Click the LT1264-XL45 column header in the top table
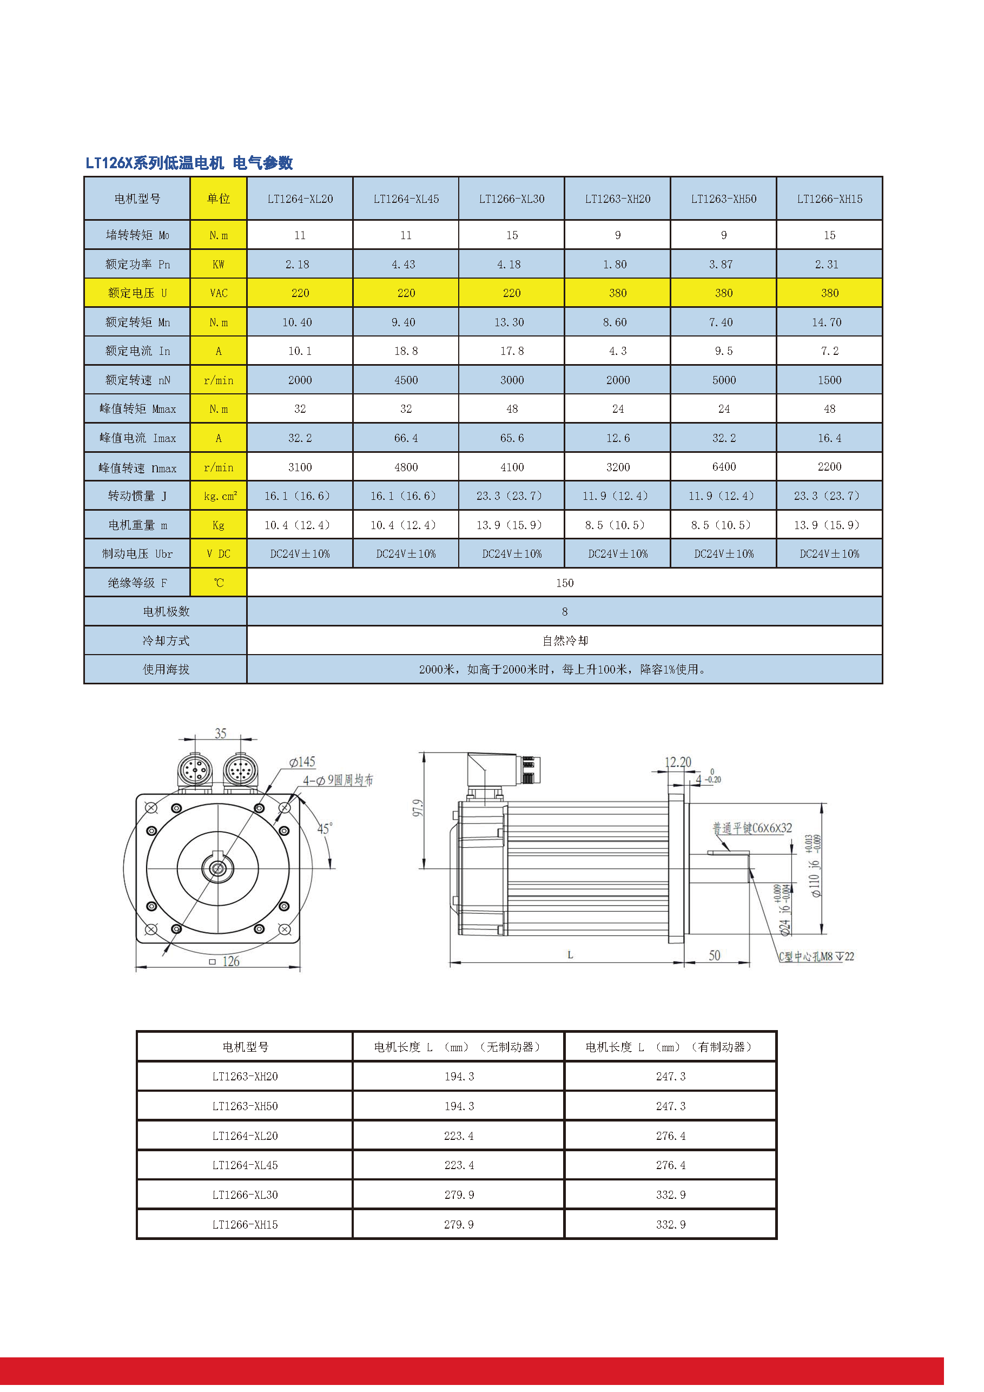click(x=406, y=199)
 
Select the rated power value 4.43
click(x=403, y=265)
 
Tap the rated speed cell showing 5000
click(x=723, y=380)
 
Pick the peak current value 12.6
click(x=618, y=438)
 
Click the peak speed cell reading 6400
click(x=723, y=467)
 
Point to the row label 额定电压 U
click(x=137, y=293)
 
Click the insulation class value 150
click(x=564, y=583)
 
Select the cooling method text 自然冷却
click(x=564, y=641)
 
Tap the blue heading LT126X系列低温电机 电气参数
click(x=189, y=162)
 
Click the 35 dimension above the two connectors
click(x=220, y=734)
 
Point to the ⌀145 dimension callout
click(x=302, y=762)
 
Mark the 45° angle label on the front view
click(x=325, y=828)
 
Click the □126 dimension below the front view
click(x=225, y=961)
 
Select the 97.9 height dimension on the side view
click(x=418, y=808)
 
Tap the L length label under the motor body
click(x=570, y=955)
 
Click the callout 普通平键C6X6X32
click(x=752, y=828)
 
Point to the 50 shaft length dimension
click(x=714, y=955)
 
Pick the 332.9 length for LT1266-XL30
click(x=671, y=1195)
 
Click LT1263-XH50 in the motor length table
click(x=245, y=1106)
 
